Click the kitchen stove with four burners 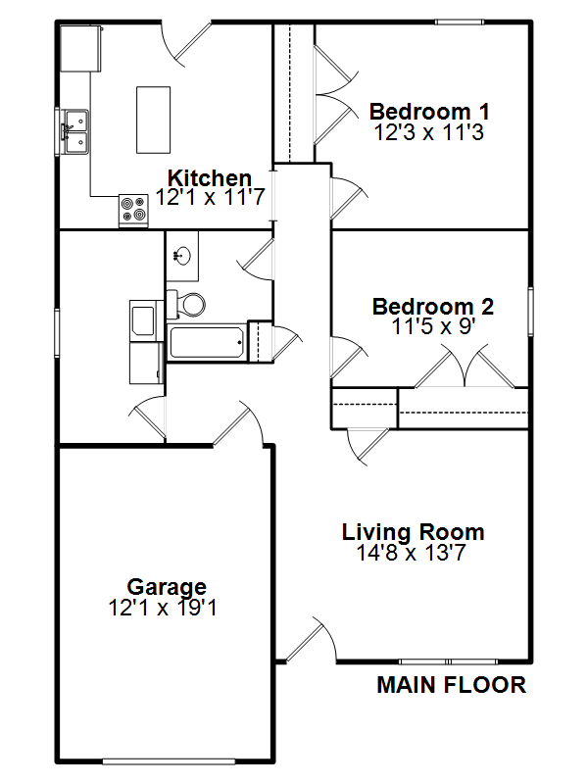pos(133,210)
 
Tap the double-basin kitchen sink pos(75,131)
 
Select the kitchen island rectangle pos(153,120)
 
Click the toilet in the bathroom pos(186,304)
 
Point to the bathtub pos(207,342)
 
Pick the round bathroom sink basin pos(183,256)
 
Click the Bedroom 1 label pos(429,111)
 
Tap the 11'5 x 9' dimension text pos(433,326)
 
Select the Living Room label pos(413,531)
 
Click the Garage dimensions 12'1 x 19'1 pos(163,608)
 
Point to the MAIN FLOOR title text pos(451,684)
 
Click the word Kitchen pos(210,177)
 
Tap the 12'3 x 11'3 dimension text pos(429,132)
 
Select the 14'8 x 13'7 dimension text pos(411,553)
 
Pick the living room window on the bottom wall pos(449,661)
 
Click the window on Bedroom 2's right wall pos(530,311)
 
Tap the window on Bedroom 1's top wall pos(459,22)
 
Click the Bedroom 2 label pos(433,306)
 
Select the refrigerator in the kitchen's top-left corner pos(81,48)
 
